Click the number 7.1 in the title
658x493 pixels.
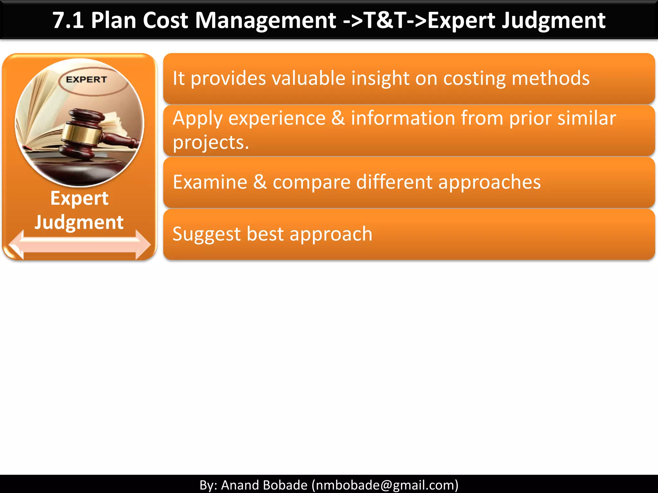click(x=68, y=21)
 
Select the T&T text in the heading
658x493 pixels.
click(x=386, y=21)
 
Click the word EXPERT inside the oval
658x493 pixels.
click(x=86, y=80)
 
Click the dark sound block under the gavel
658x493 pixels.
click(x=77, y=170)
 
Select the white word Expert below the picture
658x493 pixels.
click(x=79, y=198)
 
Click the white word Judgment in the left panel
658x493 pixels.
click(x=79, y=222)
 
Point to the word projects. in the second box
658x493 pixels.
click(x=211, y=143)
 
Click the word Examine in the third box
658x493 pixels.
click(x=210, y=182)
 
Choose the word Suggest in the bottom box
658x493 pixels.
click(x=207, y=234)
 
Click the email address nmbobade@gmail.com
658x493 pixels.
click(x=385, y=485)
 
